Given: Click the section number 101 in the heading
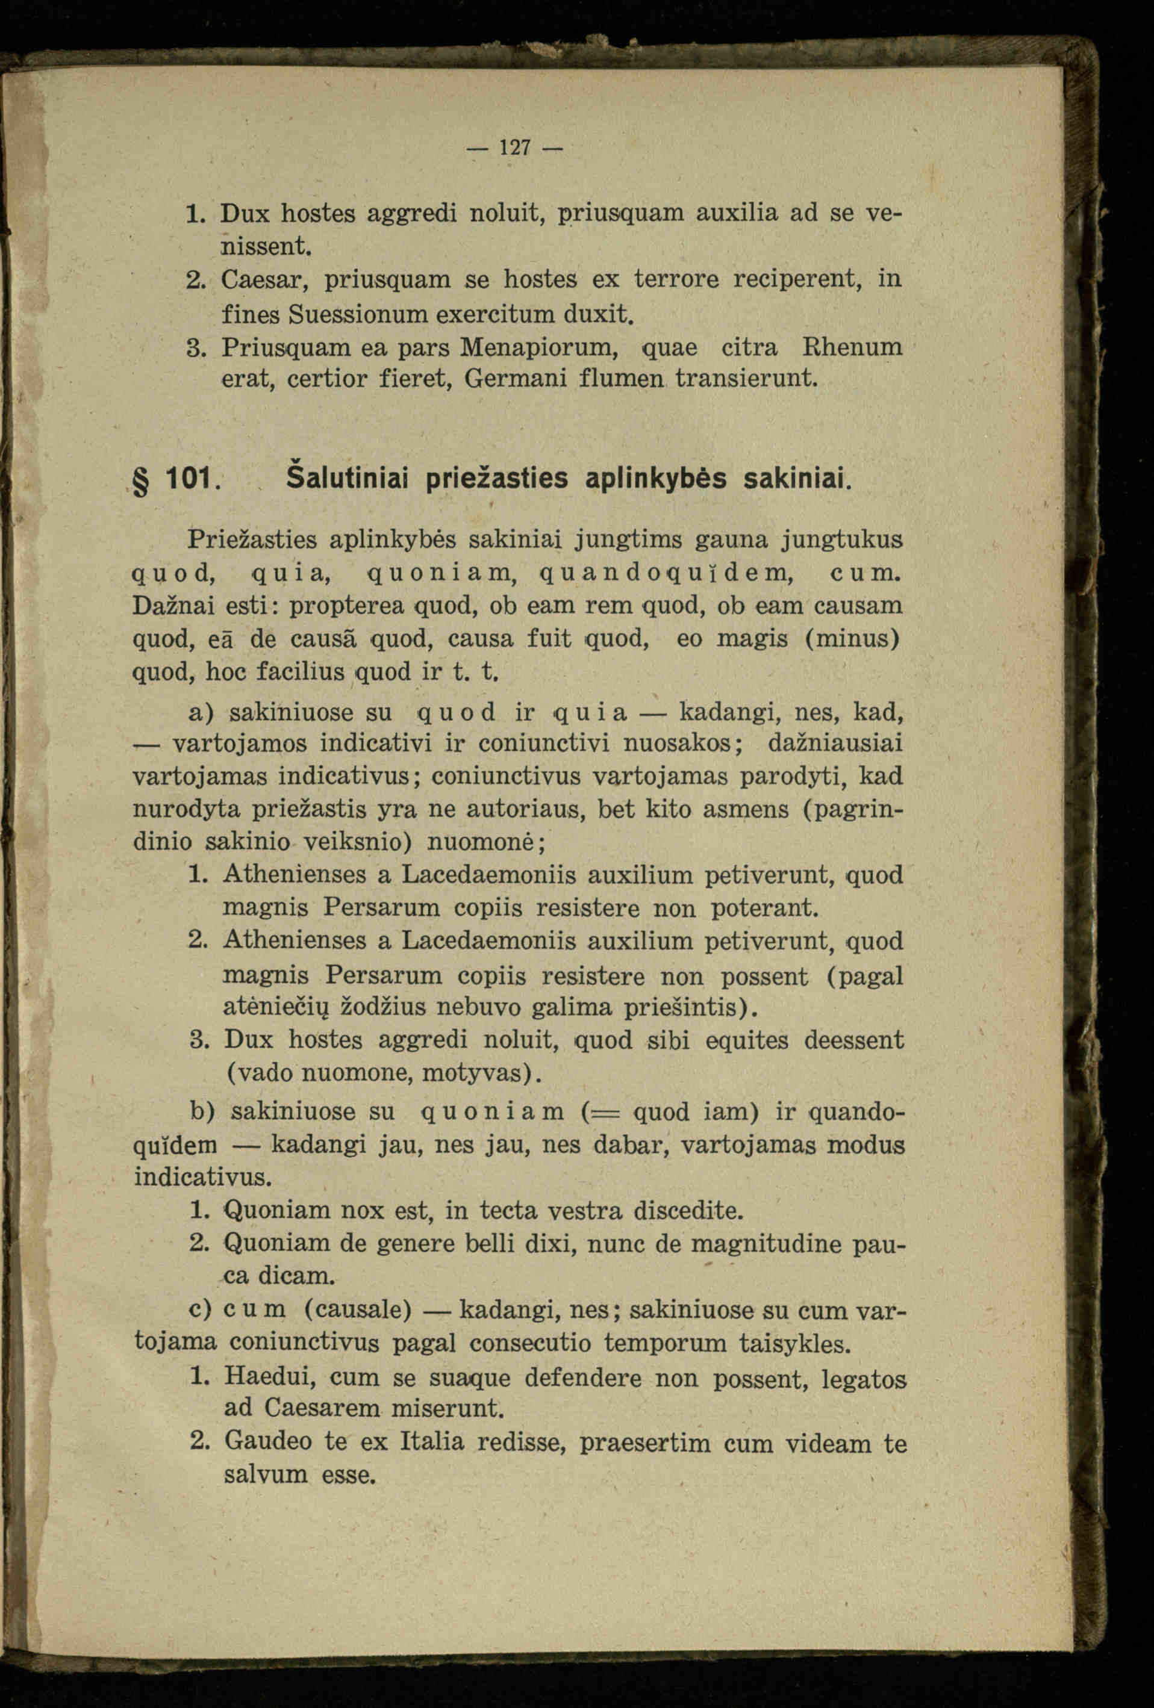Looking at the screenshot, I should [190, 479].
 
